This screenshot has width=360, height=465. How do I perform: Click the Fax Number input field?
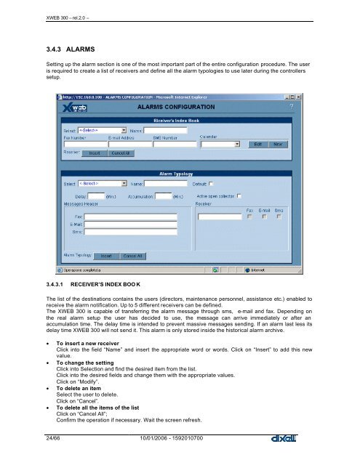(79, 144)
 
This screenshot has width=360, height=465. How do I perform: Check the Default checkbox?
(210, 184)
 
